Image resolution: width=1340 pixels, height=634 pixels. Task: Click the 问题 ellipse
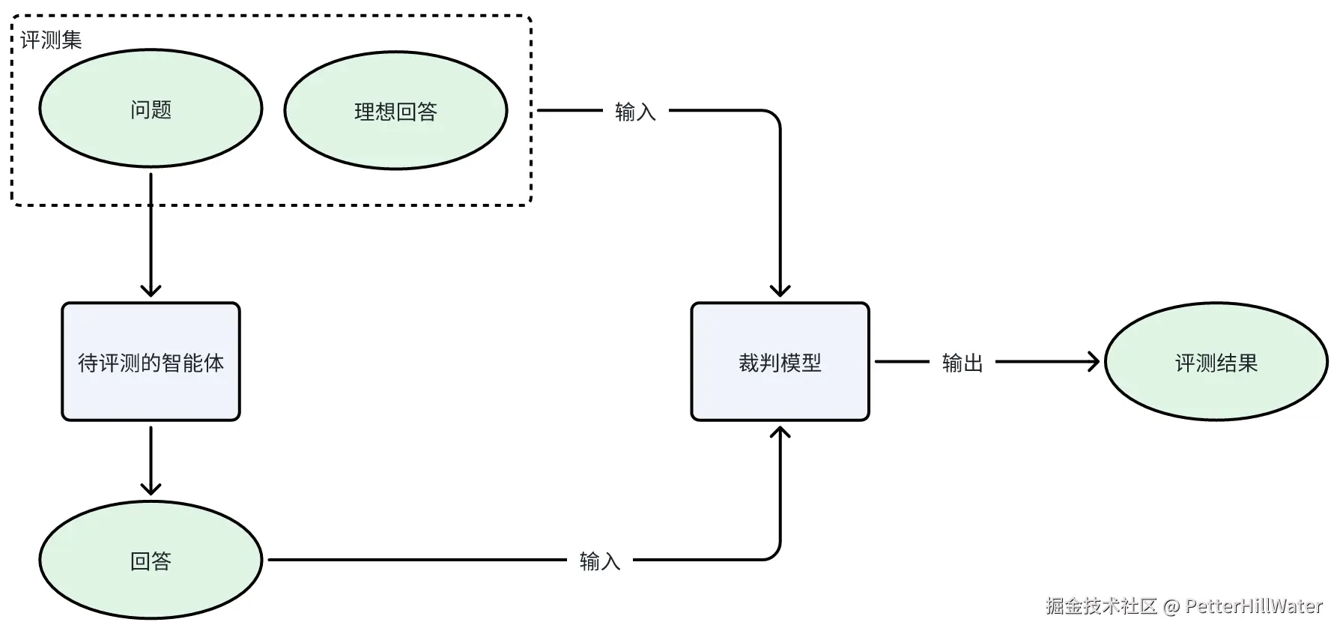pyautogui.click(x=151, y=109)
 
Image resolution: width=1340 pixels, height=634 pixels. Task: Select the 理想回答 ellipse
pyautogui.click(x=395, y=110)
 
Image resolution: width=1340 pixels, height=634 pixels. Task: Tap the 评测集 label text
pyautogui.click(x=51, y=40)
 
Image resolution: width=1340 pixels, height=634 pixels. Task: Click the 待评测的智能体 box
pyautogui.click(x=151, y=362)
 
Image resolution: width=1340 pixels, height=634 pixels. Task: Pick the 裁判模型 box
pyautogui.click(x=780, y=362)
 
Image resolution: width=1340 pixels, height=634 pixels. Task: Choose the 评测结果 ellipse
pyautogui.click(x=1216, y=362)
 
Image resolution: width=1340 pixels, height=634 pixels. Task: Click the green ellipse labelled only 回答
pyautogui.click(x=151, y=560)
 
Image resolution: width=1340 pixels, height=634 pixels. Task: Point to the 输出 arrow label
pyautogui.click(x=962, y=363)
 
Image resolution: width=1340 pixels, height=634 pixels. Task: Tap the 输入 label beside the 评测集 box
pyautogui.click(x=635, y=112)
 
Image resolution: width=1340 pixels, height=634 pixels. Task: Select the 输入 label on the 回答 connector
pyautogui.click(x=600, y=561)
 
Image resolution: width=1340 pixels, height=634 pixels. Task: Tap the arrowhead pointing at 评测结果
pyautogui.click(x=1093, y=362)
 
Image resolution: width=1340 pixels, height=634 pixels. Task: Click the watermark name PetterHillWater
pyautogui.click(x=1255, y=606)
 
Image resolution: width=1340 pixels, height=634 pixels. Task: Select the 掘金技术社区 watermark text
pyautogui.click(x=1102, y=606)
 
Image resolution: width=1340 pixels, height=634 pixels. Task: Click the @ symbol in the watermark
pyautogui.click(x=1171, y=606)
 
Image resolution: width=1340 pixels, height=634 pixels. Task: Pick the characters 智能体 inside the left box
pyautogui.click(x=193, y=363)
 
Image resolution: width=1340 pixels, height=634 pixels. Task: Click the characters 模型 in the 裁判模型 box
pyautogui.click(x=801, y=363)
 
